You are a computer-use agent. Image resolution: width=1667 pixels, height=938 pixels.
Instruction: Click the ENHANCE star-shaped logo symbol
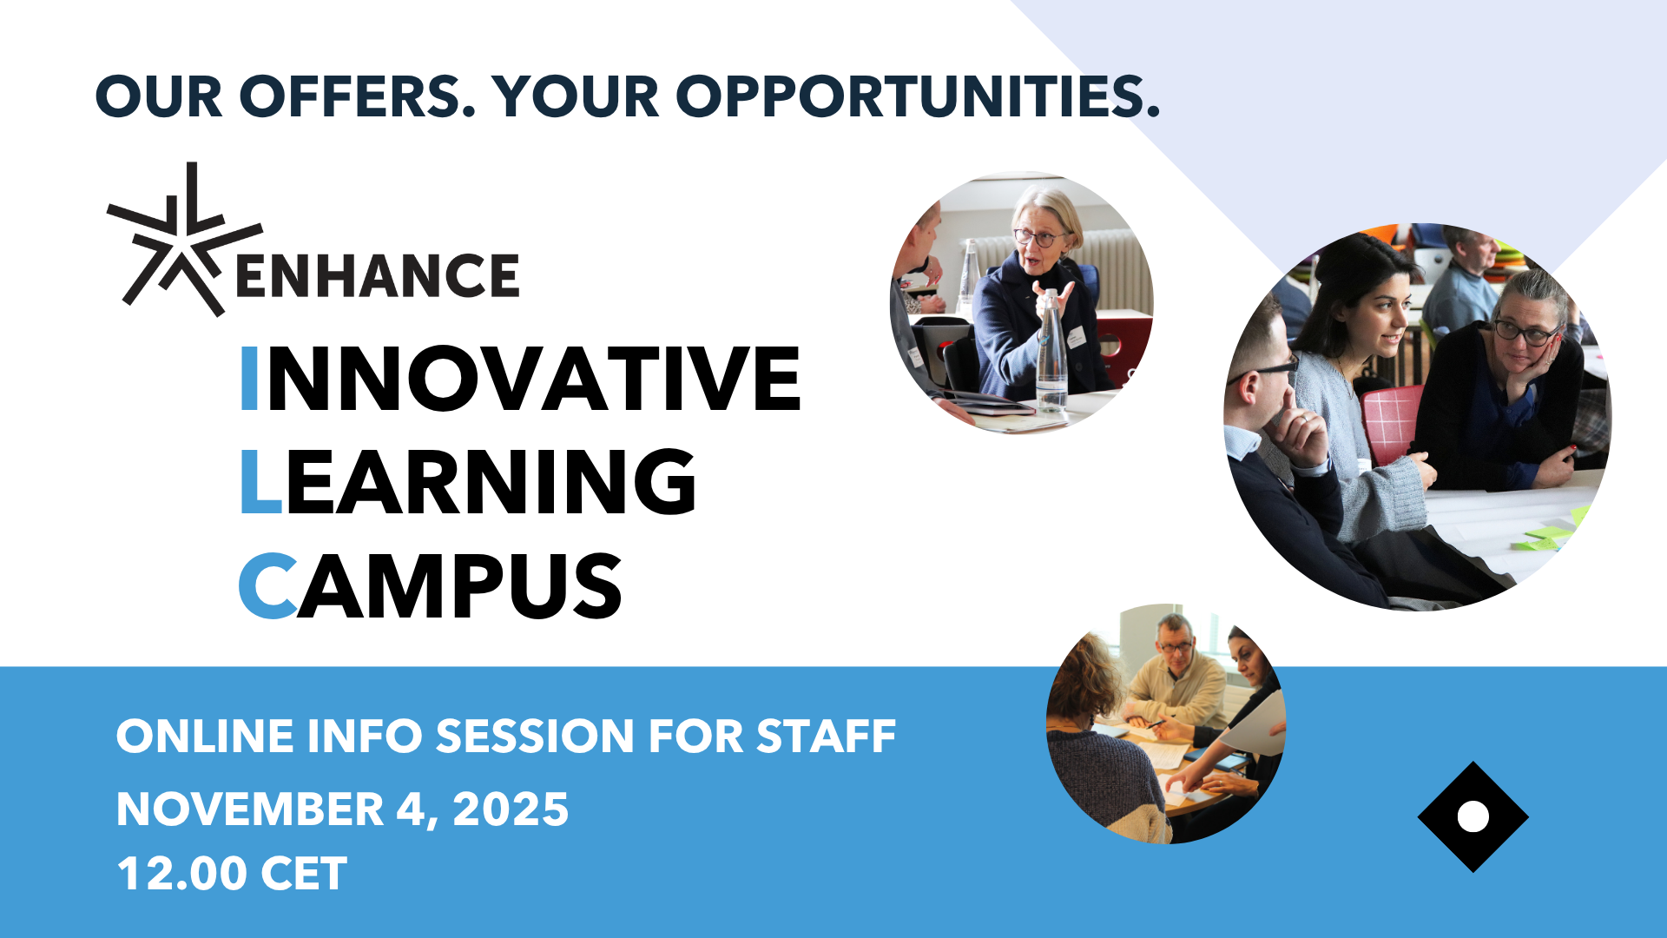click(184, 240)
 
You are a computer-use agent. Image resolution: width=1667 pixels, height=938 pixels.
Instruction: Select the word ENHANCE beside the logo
click(378, 275)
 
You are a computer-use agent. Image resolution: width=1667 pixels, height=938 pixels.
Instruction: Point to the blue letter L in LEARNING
click(260, 481)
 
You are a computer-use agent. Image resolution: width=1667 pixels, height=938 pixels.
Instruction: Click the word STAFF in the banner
click(826, 737)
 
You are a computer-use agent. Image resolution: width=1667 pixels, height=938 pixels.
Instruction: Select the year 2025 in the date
click(511, 809)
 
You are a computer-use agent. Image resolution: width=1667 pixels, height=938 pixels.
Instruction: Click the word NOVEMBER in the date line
click(250, 809)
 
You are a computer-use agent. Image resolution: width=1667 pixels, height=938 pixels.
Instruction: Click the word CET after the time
click(304, 874)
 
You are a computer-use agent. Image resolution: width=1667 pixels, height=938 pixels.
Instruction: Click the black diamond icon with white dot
click(1473, 816)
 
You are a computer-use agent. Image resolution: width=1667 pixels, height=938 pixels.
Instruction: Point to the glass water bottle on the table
click(1051, 352)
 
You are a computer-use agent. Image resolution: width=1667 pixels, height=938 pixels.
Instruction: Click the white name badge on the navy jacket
click(1077, 337)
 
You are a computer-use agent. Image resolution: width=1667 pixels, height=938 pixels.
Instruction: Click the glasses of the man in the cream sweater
click(1176, 646)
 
